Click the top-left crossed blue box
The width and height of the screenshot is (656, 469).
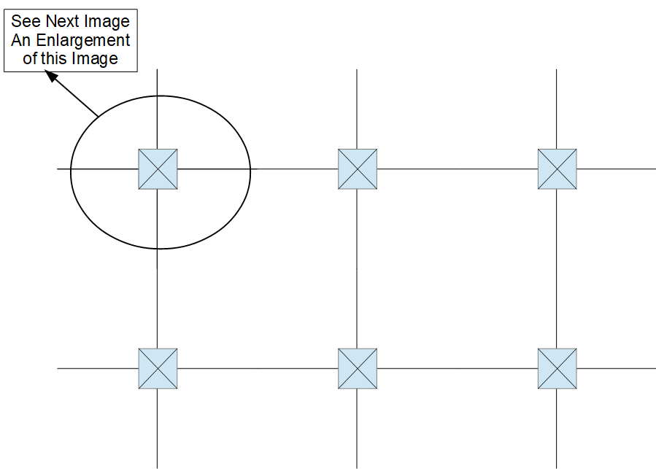point(158,169)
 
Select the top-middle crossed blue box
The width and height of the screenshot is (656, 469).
point(358,169)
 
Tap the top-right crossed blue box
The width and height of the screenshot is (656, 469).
point(557,169)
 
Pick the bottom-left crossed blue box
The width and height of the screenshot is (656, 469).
point(158,368)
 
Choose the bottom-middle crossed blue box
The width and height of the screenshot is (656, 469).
point(358,368)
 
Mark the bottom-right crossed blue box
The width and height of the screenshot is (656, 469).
point(557,368)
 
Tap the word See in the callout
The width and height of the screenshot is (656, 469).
point(26,23)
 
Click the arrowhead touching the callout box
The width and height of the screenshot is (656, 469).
point(53,75)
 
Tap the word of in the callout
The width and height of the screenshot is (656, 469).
point(30,58)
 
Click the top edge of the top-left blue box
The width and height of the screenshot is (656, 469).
point(158,150)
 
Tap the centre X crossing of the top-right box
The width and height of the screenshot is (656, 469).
point(557,169)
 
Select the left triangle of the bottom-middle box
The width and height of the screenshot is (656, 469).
point(345,368)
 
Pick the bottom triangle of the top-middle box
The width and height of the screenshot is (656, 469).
point(358,182)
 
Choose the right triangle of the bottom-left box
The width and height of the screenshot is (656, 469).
point(170,368)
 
